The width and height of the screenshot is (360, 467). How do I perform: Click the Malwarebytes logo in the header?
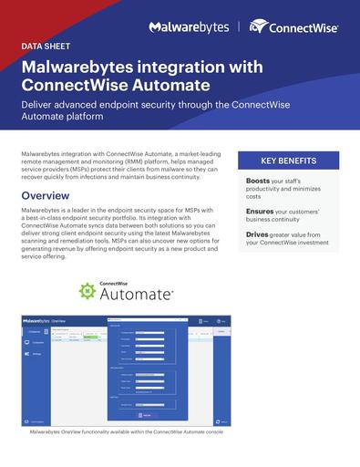(190, 27)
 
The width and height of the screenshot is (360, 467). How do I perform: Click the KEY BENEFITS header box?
(288, 161)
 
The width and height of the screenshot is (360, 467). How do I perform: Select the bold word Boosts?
(259, 181)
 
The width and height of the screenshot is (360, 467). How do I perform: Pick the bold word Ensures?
(261, 212)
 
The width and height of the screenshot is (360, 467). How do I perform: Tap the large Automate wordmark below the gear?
(135, 295)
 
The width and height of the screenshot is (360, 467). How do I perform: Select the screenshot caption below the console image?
(127, 432)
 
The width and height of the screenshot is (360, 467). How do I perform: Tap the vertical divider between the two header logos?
(241, 27)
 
